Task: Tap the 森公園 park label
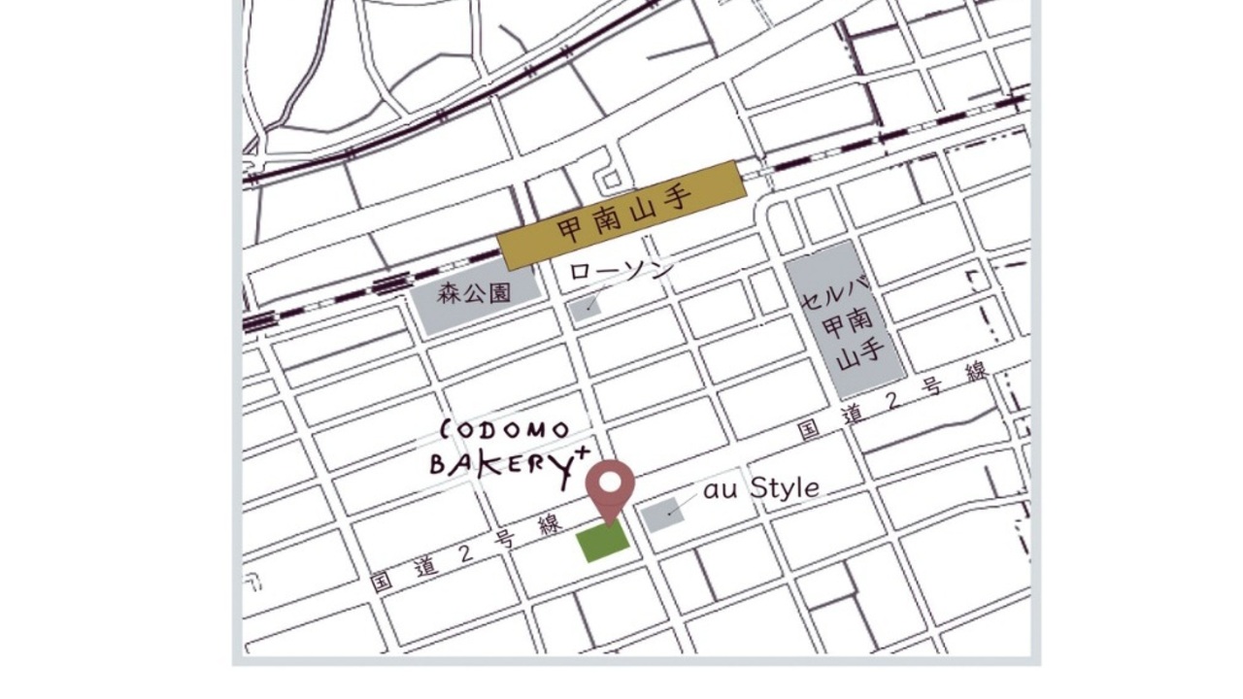[474, 294]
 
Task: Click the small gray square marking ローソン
[586, 309]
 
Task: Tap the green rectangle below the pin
[603, 542]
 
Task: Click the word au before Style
[721, 490]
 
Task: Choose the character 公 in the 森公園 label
[474, 294]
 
